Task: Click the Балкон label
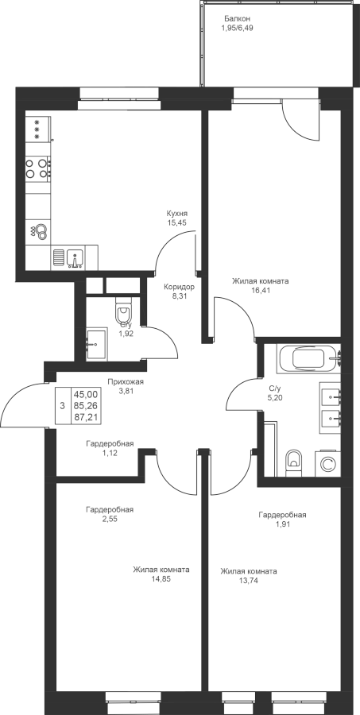pyautogui.click(x=238, y=19)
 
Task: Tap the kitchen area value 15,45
pyautogui.click(x=177, y=222)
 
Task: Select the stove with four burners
pyautogui.click(x=38, y=168)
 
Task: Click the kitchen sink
pyautogui.click(x=75, y=257)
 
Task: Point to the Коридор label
pyautogui.click(x=180, y=288)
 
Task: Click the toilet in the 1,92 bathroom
pyautogui.click(x=123, y=312)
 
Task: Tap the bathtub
pyautogui.click(x=308, y=359)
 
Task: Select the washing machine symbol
pyautogui.click(x=327, y=464)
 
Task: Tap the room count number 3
pyautogui.click(x=63, y=405)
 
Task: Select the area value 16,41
pyautogui.click(x=261, y=290)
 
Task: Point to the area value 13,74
pyautogui.click(x=248, y=580)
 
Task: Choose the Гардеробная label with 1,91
pyautogui.click(x=282, y=515)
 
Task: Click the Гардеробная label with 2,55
pyautogui.click(x=110, y=510)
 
